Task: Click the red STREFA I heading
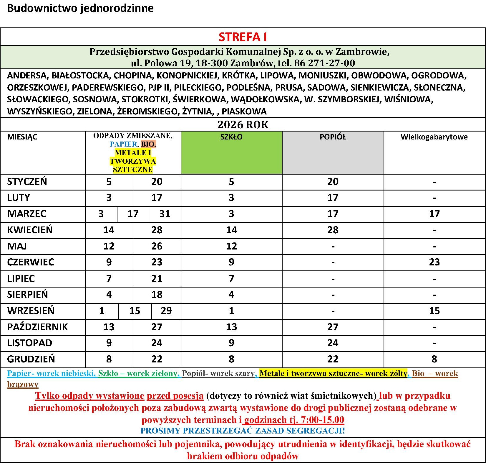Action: click(243, 37)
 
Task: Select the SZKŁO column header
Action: click(231, 137)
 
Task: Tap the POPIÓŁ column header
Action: click(333, 137)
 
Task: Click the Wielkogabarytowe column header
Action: click(434, 137)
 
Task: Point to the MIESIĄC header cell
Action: click(22, 137)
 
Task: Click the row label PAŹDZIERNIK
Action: click(37, 327)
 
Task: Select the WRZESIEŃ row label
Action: click(31, 311)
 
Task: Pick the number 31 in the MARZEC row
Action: click(165, 214)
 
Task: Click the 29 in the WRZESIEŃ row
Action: click(166, 311)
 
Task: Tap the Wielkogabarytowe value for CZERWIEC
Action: click(434, 262)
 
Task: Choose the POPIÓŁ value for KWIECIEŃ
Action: click(333, 230)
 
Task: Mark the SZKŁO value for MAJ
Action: click(231, 246)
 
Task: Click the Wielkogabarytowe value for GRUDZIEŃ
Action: click(434, 359)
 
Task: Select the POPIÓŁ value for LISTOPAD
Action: click(333, 343)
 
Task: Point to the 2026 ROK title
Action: click(243, 125)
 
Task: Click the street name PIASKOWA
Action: click(244, 111)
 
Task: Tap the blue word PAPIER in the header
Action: click(123, 144)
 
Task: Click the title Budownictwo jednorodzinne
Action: click(80, 8)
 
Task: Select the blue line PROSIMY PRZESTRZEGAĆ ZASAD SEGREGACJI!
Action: click(243, 431)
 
